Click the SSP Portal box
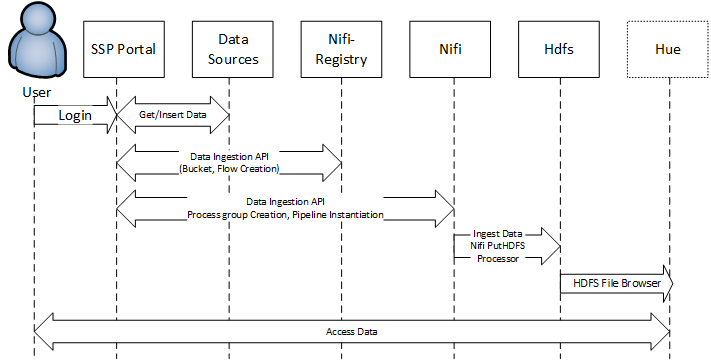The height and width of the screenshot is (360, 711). [x=122, y=49]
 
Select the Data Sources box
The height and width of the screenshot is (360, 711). [x=232, y=49]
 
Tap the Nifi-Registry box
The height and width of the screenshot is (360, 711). [x=341, y=49]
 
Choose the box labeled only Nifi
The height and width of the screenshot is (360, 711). [x=450, y=49]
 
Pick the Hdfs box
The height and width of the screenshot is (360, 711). [x=560, y=49]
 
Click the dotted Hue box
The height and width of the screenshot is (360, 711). [x=668, y=49]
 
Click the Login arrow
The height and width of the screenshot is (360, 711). [x=74, y=115]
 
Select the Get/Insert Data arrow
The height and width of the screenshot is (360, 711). [x=172, y=115]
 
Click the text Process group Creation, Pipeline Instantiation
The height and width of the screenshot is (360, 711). [x=285, y=214]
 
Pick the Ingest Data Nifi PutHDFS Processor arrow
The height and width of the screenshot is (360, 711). [x=505, y=245]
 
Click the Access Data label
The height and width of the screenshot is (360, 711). [x=352, y=331]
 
